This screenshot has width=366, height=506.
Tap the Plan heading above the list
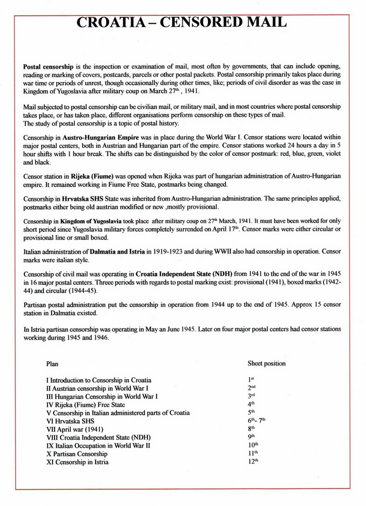tap(52, 363)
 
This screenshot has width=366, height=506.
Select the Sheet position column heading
tap(266, 363)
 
